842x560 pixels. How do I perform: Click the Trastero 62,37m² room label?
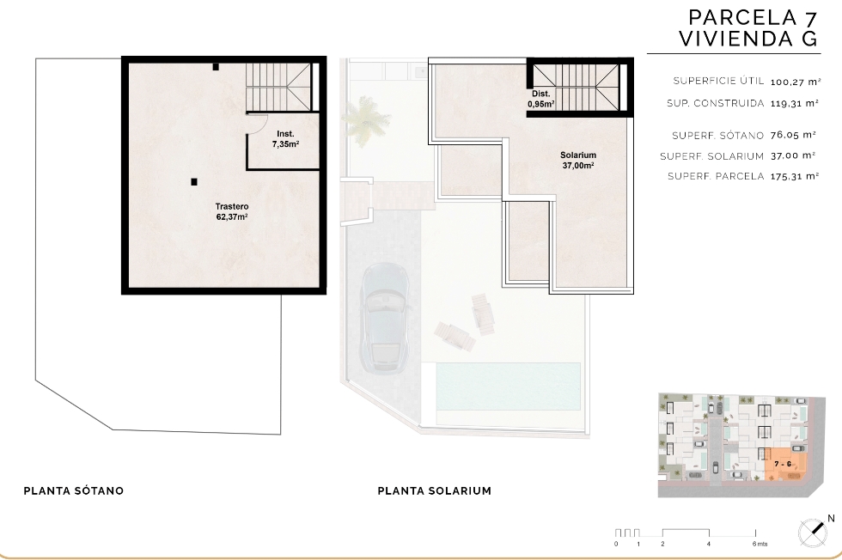click(231, 211)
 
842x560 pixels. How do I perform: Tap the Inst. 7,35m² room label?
click(285, 138)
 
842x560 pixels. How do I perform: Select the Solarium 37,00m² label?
click(577, 160)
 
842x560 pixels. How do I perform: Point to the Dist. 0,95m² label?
click(540, 99)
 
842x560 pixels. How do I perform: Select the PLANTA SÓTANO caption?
click(74, 490)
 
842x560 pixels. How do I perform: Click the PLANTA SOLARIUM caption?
click(435, 490)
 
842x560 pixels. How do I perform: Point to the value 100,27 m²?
click(796, 82)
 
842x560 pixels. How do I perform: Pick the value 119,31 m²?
click(794, 103)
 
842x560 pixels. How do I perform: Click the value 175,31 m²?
click(794, 176)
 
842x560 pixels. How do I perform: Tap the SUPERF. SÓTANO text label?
click(717, 136)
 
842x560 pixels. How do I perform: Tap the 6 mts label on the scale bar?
click(760, 544)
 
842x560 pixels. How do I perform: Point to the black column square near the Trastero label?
click(194, 182)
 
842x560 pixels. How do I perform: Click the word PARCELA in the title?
click(742, 18)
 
